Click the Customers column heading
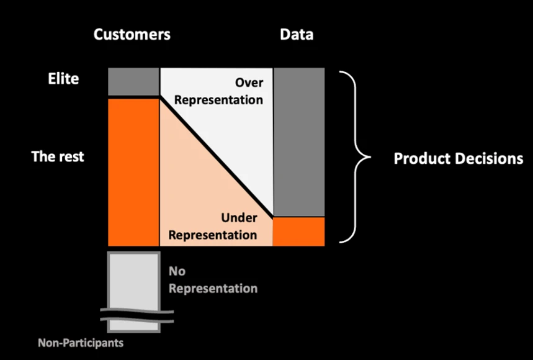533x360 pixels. point(132,35)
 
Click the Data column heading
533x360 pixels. point(297,35)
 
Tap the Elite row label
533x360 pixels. point(63,79)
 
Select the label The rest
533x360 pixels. point(58,156)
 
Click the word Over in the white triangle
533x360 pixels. point(249,83)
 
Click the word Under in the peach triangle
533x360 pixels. point(239,218)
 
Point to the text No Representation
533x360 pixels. point(213,280)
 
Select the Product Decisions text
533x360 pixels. point(458,158)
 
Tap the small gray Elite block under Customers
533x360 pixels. point(133,81)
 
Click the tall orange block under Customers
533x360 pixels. point(133,171)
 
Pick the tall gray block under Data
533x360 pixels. point(299,142)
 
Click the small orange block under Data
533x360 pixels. point(299,231)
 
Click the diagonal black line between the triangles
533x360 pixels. point(217,157)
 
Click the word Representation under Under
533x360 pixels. point(213,235)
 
